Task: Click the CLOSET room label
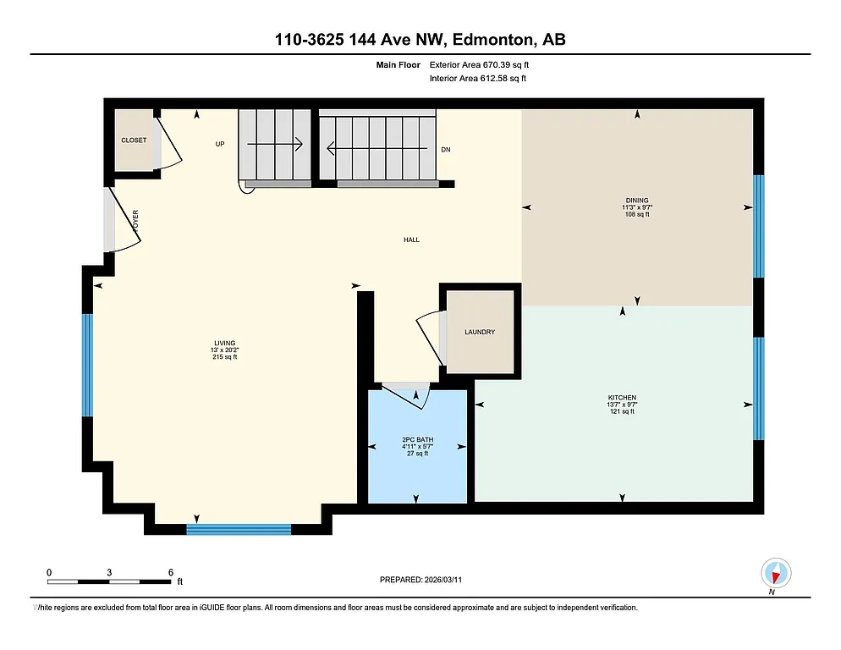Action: click(x=133, y=140)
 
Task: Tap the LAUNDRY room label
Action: click(x=479, y=332)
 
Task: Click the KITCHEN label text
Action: click(x=622, y=398)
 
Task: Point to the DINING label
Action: click(x=635, y=201)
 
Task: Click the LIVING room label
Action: click(x=224, y=343)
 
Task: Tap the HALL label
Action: click(x=411, y=240)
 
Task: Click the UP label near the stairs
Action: click(x=219, y=144)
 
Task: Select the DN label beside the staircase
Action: click(x=446, y=150)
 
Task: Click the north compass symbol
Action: click(x=775, y=573)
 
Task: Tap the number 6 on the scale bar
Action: click(x=171, y=572)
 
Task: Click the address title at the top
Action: click(x=420, y=39)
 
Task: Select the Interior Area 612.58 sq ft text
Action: click(x=478, y=79)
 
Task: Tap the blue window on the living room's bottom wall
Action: click(x=239, y=530)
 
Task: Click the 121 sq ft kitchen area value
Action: click(x=622, y=412)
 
